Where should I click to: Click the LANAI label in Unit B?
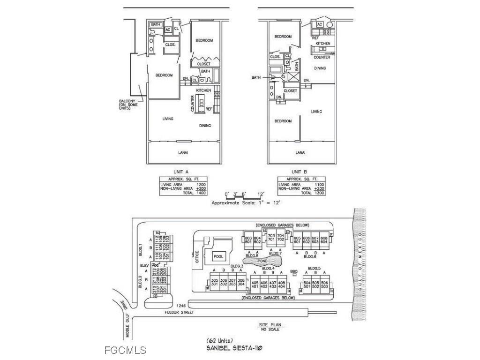[x=300, y=152]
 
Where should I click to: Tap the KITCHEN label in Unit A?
[x=203, y=90]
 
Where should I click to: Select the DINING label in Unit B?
[x=320, y=68]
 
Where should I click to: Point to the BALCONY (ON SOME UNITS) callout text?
[x=127, y=104]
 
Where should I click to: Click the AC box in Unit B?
[x=320, y=24]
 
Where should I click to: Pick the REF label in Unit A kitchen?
[x=209, y=109]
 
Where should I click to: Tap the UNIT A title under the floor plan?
[x=180, y=172]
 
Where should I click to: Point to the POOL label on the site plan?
[x=218, y=256]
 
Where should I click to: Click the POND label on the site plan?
[x=262, y=260]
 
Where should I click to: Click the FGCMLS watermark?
[x=125, y=350]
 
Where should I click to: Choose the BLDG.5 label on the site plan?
[x=314, y=268]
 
